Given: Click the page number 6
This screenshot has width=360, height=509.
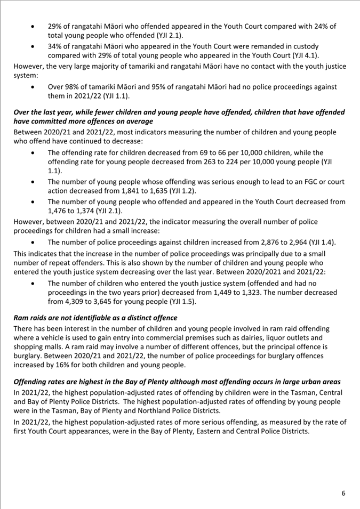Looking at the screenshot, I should click(x=343, y=493).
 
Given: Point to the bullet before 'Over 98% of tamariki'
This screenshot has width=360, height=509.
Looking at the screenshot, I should click(x=35, y=87).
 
